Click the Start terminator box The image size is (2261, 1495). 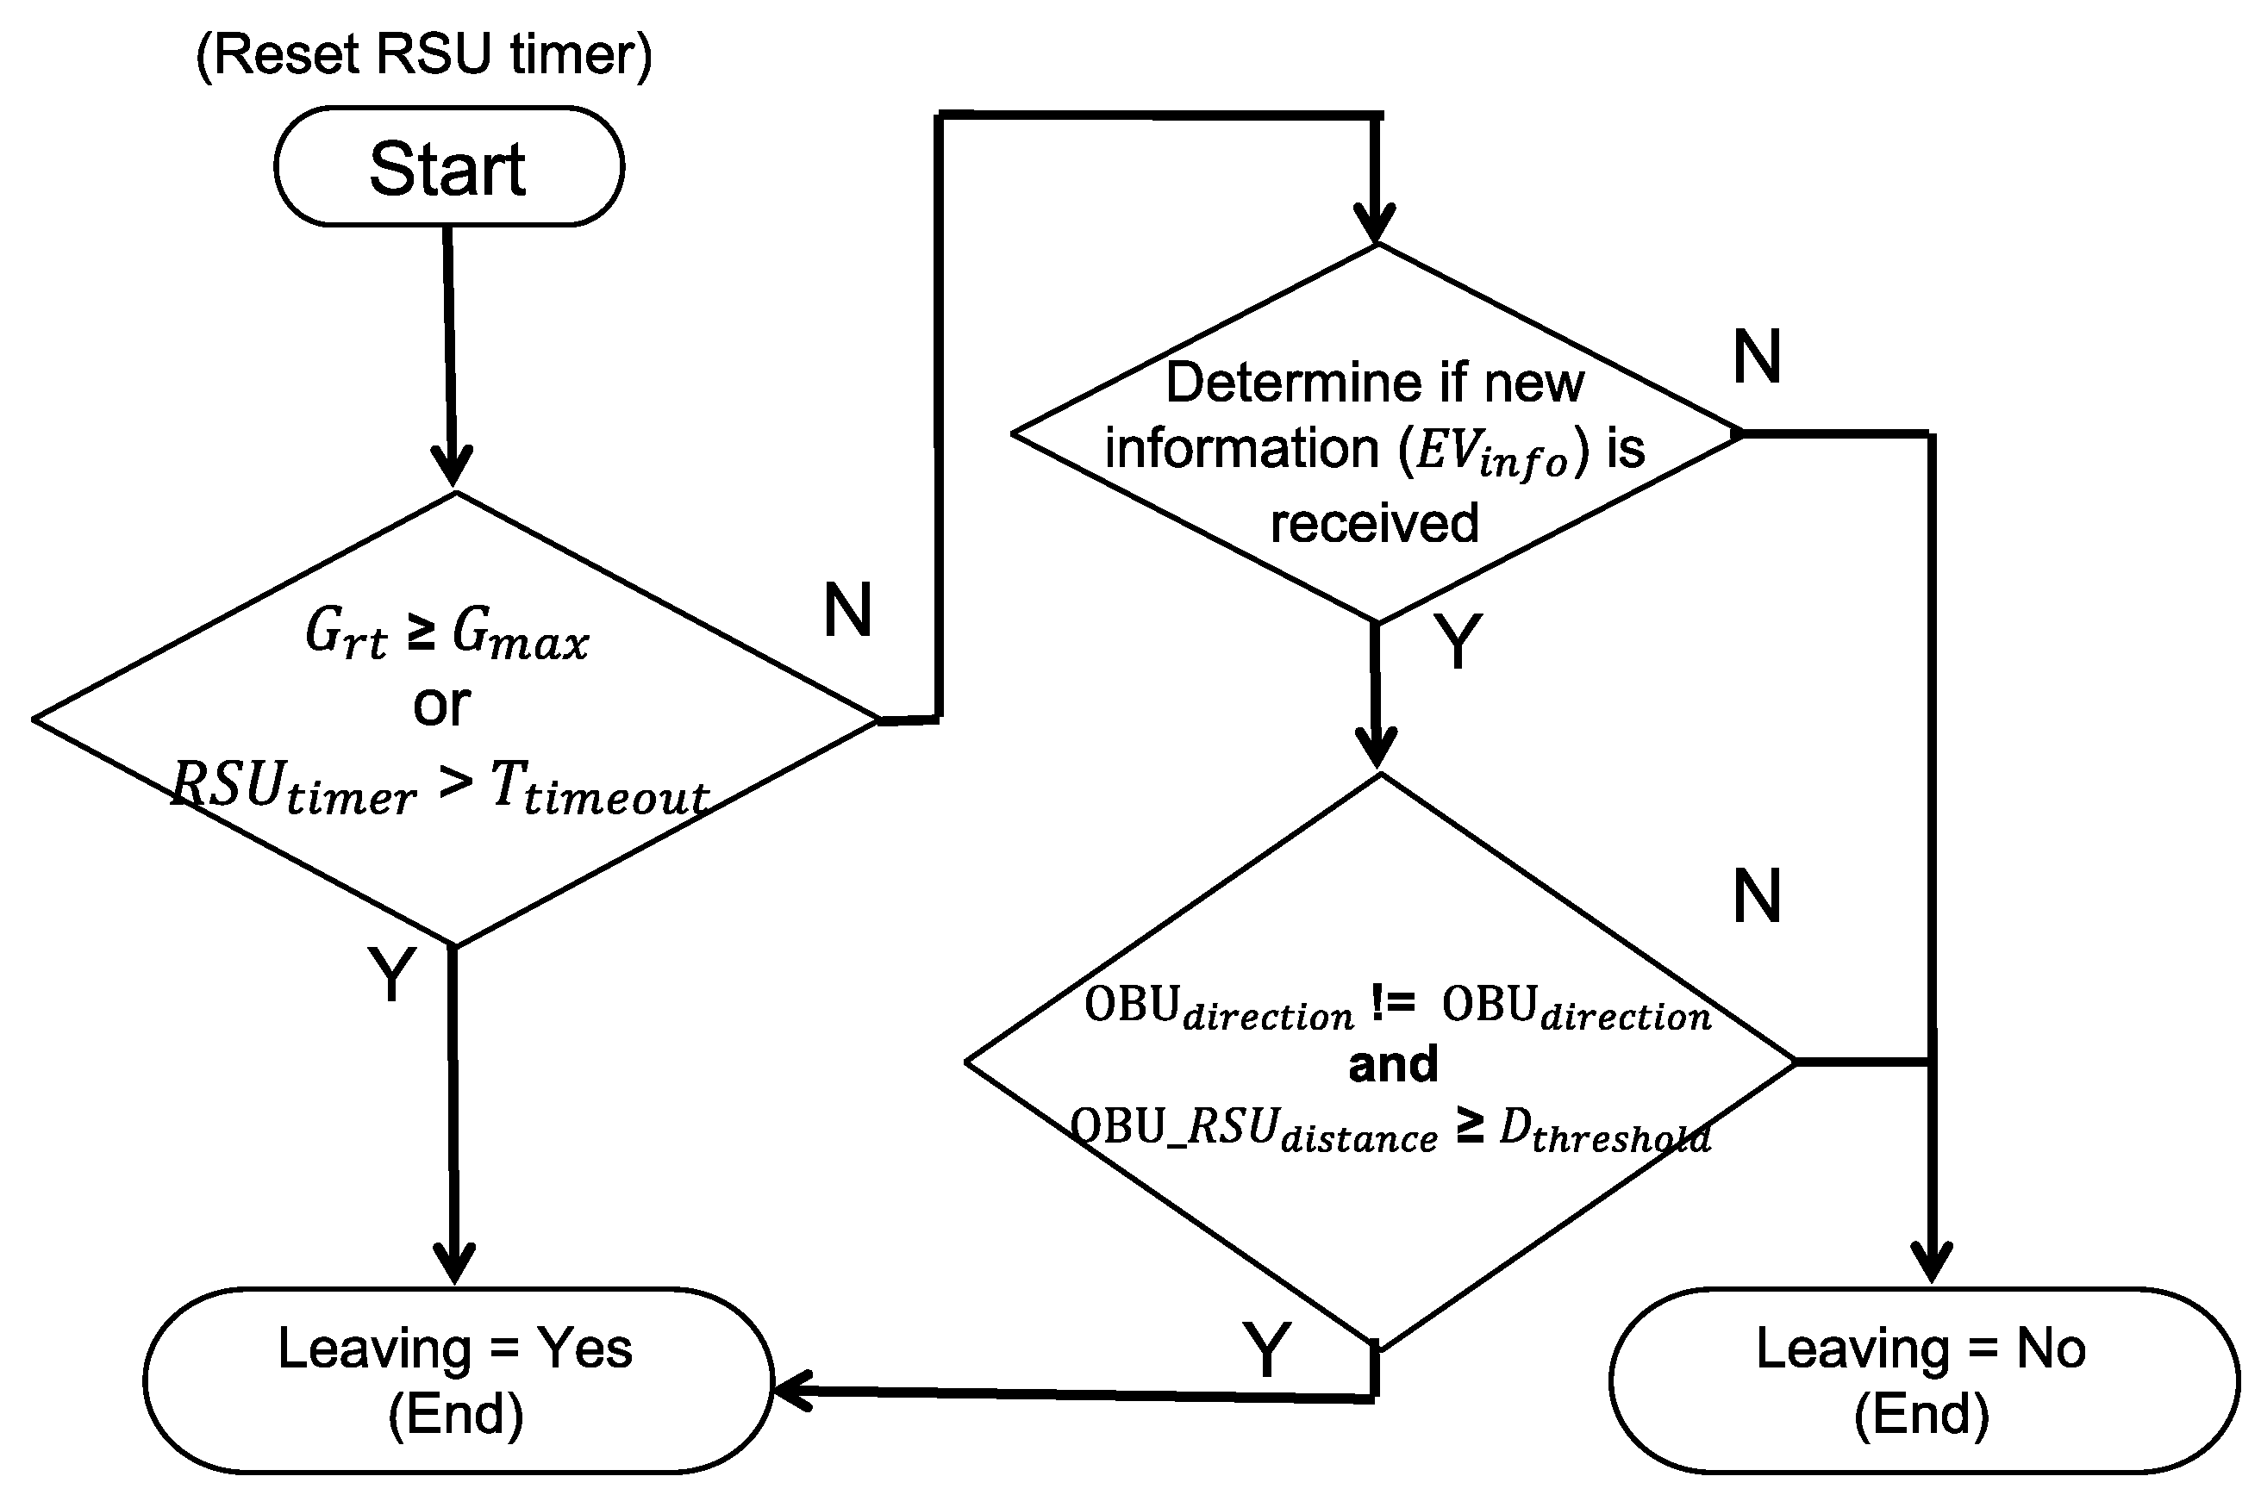point(448,168)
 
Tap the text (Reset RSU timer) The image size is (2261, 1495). point(423,54)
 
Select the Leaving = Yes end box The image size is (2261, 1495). point(456,1380)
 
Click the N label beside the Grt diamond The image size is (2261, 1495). point(846,610)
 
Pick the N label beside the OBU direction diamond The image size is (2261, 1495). point(1757,897)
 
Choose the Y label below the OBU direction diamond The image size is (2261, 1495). point(1266,1350)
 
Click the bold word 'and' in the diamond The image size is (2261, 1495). point(1392,1064)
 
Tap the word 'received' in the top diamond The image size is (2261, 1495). point(1374,523)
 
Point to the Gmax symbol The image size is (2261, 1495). point(520,634)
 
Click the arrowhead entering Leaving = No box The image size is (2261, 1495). point(1932,1263)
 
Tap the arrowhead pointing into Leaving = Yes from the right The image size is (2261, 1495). point(791,1391)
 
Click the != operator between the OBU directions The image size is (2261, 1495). point(1392,1004)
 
